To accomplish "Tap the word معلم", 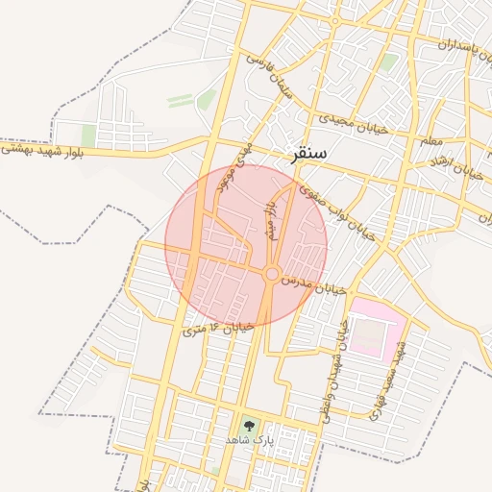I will coord(431,141).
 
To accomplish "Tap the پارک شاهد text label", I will coord(250,439).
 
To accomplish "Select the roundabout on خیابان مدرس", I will coord(272,275).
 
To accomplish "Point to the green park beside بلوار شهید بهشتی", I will coord(88,135).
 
